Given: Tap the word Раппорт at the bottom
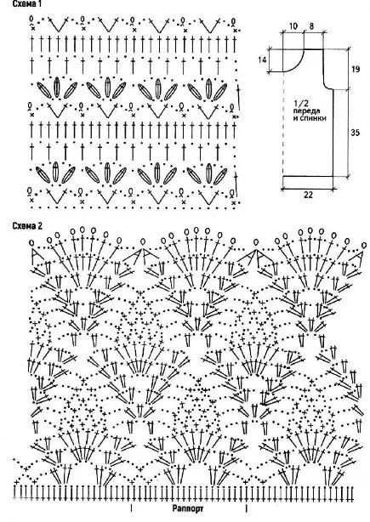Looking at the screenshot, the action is [x=188, y=508].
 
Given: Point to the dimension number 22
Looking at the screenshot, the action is [x=309, y=195].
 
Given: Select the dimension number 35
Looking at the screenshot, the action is [x=356, y=133].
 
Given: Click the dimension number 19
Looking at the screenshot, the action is [x=356, y=69].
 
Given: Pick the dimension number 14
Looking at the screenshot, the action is [x=262, y=60].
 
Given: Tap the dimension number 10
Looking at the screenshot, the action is [x=293, y=26].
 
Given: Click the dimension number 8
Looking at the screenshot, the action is [x=311, y=26].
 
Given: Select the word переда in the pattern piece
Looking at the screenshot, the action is [x=307, y=111].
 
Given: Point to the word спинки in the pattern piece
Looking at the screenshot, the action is [x=313, y=118].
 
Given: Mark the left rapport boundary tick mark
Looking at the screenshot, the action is [x=131, y=508].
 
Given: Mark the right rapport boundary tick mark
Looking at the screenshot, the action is [x=246, y=508].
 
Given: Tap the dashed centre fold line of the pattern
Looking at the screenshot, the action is [x=282, y=123].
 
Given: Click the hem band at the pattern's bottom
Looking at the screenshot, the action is [x=308, y=180].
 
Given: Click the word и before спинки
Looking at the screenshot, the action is [x=295, y=118].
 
